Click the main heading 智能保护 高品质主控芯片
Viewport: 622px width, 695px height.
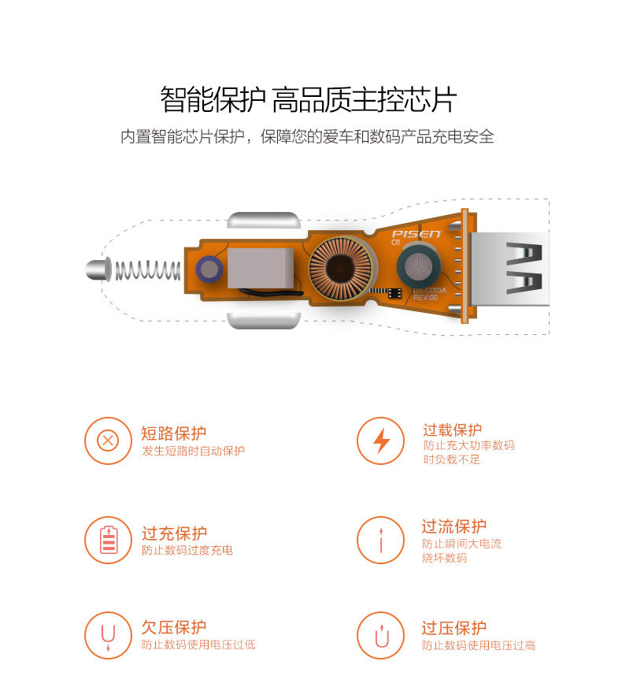coord(308,100)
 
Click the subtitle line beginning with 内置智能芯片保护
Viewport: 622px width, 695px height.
coord(307,136)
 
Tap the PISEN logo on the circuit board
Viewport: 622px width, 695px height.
coord(417,234)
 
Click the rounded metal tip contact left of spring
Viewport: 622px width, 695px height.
coord(95,269)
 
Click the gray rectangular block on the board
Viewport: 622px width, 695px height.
coord(260,267)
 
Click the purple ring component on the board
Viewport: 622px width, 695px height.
coord(209,269)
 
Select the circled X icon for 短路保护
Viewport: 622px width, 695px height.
coord(108,440)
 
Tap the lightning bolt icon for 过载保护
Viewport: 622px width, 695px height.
coord(381,440)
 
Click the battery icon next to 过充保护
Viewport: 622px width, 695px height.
coord(108,541)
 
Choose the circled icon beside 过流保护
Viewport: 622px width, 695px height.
coord(381,541)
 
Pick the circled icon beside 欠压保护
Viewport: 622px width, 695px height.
coord(108,635)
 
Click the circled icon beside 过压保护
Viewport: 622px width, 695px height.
coord(381,635)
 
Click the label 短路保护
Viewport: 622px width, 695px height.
coord(174,433)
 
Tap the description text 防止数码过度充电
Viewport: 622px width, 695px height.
coord(187,550)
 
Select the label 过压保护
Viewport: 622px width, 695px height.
coord(454,627)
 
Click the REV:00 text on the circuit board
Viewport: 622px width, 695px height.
coord(425,298)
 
